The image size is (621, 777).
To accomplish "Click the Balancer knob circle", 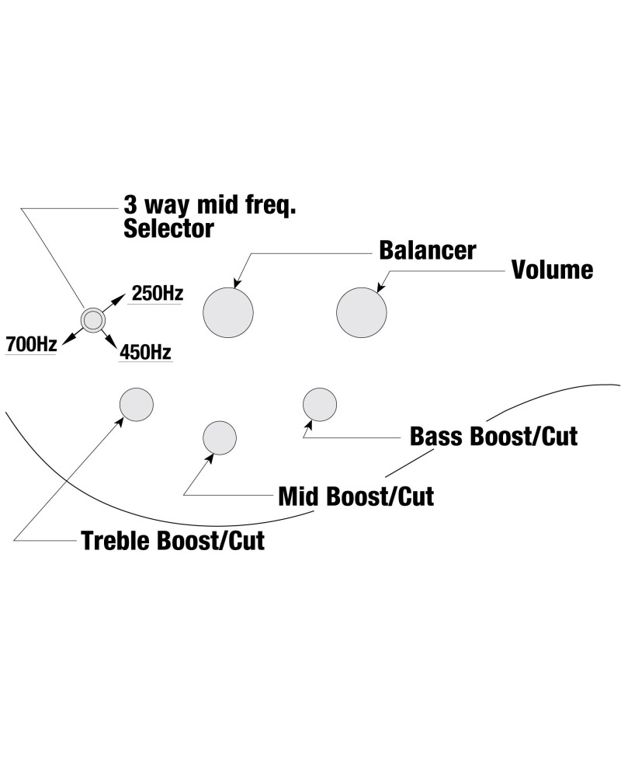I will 228,312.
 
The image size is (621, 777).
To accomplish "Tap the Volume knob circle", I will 361,313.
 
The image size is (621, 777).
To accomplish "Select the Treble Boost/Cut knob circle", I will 137,404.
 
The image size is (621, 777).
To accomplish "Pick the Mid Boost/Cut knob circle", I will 220,437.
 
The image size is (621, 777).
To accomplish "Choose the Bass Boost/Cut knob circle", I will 320,405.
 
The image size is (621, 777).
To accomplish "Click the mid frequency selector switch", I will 92,319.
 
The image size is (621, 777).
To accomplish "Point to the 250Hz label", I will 157,294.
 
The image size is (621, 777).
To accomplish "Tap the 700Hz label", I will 31,343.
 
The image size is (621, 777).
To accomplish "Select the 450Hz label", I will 145,352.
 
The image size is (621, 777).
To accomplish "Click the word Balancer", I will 427,251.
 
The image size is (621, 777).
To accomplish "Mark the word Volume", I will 552,270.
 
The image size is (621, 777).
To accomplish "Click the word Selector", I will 168,228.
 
